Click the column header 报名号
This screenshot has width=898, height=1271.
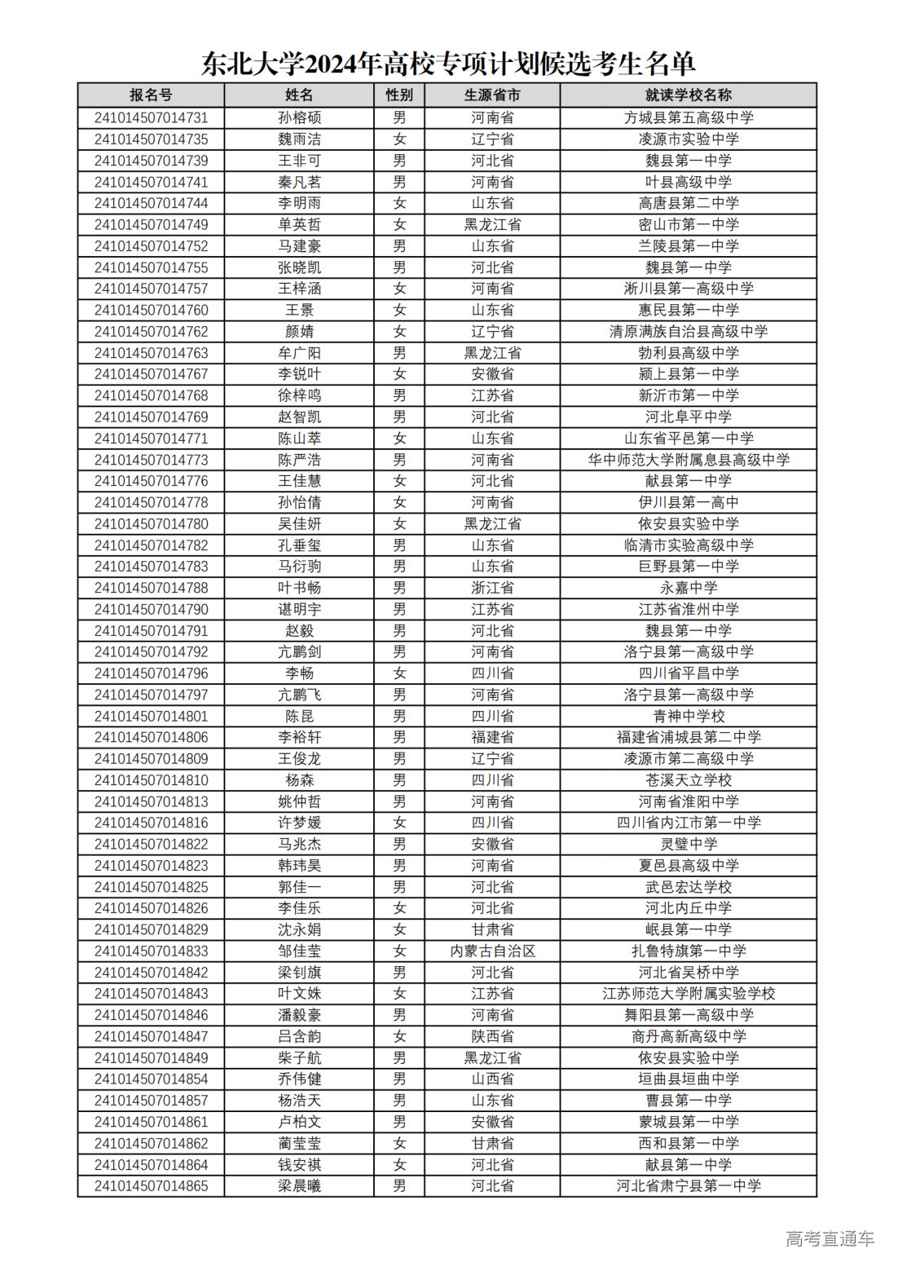(x=151, y=95)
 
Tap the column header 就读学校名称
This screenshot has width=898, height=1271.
(x=688, y=95)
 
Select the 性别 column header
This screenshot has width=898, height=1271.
(x=399, y=95)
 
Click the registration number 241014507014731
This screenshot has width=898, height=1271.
(x=151, y=117)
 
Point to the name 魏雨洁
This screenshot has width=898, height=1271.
(x=299, y=139)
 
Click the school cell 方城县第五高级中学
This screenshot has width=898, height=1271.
(x=688, y=117)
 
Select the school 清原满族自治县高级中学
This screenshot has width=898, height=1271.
(x=688, y=332)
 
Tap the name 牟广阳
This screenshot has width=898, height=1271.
(x=299, y=353)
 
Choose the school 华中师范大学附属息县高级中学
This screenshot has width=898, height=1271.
(x=688, y=460)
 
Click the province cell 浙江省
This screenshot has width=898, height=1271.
(x=492, y=588)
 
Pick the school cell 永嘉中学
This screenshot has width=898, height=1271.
(x=688, y=588)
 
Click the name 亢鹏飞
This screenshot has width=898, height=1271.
(x=299, y=695)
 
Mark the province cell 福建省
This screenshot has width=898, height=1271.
(x=492, y=737)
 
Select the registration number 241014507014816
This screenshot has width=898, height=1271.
(x=151, y=823)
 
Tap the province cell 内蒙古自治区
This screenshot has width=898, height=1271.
(x=492, y=951)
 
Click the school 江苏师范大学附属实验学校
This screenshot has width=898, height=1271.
(x=688, y=994)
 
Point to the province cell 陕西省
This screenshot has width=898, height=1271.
(x=492, y=1036)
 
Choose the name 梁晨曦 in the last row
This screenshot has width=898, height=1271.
(x=299, y=1186)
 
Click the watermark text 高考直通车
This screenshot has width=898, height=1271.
(x=830, y=1239)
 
